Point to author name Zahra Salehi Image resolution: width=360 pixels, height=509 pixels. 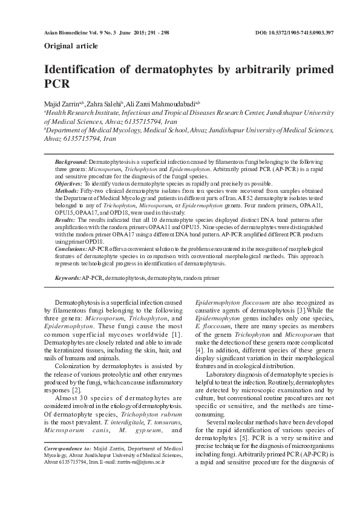click(103, 104)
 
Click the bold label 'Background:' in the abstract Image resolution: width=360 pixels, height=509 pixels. click(71, 163)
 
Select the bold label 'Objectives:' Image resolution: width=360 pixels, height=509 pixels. click(69, 183)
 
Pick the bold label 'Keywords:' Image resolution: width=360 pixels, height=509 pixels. click(68, 277)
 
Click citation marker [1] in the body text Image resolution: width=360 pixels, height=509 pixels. click(176, 334)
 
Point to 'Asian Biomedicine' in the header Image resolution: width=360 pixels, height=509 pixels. click(69, 31)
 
